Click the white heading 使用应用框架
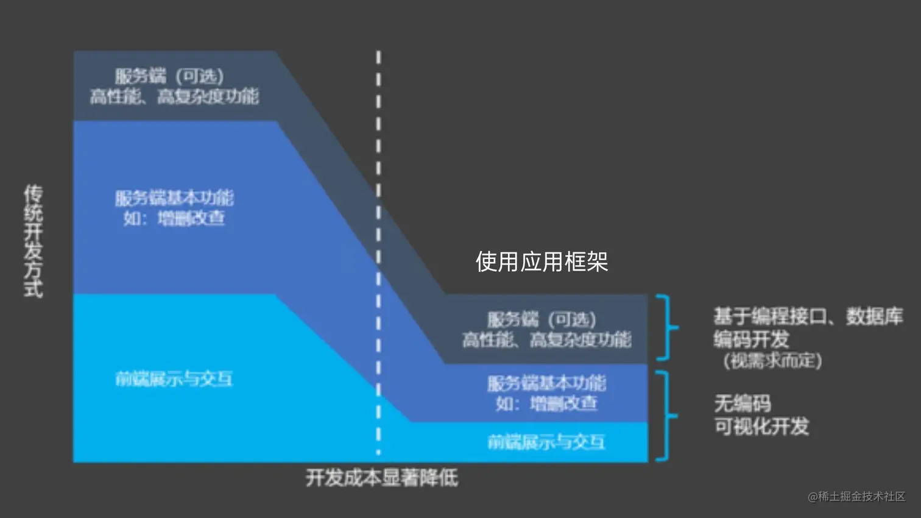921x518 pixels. click(542, 262)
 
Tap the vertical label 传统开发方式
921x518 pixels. click(34, 241)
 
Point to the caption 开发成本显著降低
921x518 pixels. click(382, 478)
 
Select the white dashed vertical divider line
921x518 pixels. click(378, 183)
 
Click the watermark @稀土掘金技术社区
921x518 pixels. click(856, 497)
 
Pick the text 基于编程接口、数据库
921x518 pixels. click(808, 316)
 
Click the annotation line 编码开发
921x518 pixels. click(751, 339)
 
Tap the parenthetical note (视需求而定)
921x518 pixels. click(772, 361)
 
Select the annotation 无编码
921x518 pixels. click(742, 403)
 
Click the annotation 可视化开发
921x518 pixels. click(761, 427)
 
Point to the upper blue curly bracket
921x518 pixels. click(666, 327)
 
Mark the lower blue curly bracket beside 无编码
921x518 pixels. click(666, 416)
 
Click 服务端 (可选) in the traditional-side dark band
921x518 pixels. click(169, 76)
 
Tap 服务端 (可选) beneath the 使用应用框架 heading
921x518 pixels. click(542, 319)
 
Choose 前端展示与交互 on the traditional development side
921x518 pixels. click(174, 379)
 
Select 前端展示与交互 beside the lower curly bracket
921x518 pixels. click(546, 442)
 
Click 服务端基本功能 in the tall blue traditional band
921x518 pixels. click(174, 197)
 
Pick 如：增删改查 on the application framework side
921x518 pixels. click(546, 403)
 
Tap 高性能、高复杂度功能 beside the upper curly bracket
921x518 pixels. click(546, 339)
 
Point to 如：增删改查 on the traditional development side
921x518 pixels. click(174, 218)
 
